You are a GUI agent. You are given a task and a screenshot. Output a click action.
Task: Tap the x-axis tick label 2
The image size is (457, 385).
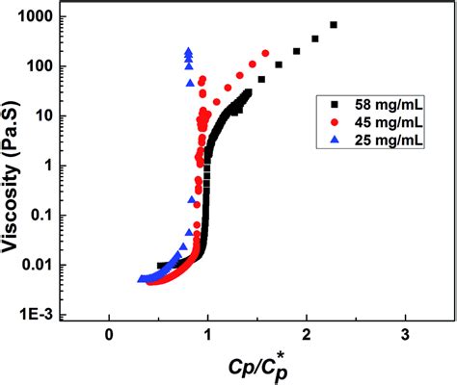(306, 334)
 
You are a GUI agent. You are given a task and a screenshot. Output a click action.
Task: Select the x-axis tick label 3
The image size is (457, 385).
(404, 334)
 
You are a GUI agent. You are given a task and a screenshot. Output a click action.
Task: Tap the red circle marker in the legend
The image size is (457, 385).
(334, 121)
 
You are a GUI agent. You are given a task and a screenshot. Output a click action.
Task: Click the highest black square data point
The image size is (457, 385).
(334, 25)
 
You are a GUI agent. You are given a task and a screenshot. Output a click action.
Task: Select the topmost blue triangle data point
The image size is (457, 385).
(190, 50)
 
